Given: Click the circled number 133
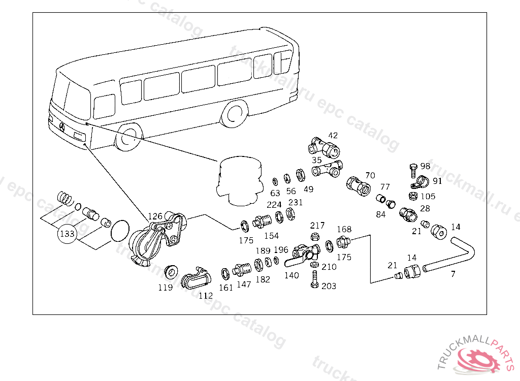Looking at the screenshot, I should [67, 234].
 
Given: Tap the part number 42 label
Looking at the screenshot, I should [333, 136].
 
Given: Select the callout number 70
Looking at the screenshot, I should [370, 176].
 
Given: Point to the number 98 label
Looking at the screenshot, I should [425, 166].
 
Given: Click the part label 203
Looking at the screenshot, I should [329, 287].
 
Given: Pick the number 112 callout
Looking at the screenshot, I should [205, 296].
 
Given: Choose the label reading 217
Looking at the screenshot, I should [317, 226].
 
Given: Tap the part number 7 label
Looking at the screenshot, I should [453, 274].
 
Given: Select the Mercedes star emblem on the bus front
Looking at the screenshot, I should [62, 126].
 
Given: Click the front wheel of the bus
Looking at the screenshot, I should [126, 138].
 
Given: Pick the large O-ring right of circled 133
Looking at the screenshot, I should [120, 231].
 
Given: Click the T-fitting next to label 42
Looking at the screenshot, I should [323, 147].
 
